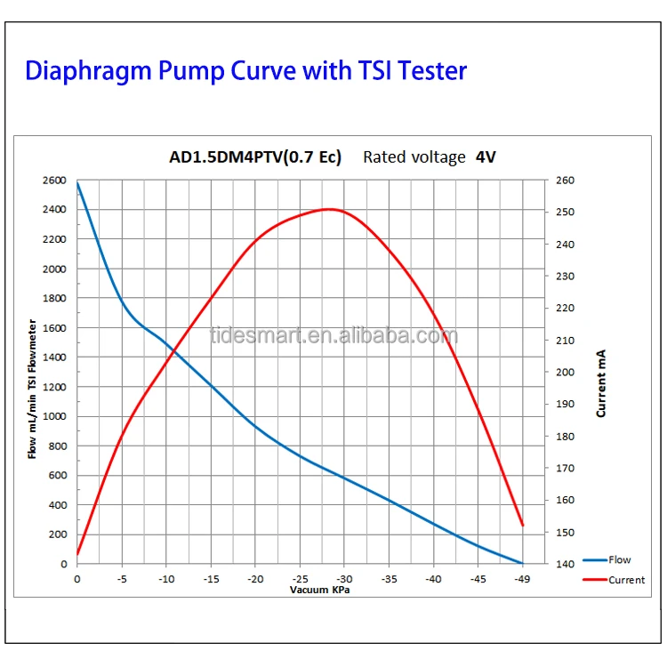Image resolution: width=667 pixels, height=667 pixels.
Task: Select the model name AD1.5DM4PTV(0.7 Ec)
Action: pyautogui.click(x=254, y=157)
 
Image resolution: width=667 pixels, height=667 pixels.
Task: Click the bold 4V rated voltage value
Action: pyautogui.click(x=486, y=157)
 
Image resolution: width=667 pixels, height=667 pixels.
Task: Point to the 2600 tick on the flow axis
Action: pyautogui.click(x=54, y=181)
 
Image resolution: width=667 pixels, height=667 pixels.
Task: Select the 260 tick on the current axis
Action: pyautogui.click(x=566, y=181)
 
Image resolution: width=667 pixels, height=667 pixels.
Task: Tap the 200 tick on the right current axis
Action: pyautogui.click(x=566, y=373)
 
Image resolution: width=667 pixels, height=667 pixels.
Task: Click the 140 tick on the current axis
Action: pyautogui.click(x=566, y=564)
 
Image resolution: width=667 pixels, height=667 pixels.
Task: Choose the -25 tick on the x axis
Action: pyautogui.click(x=300, y=579)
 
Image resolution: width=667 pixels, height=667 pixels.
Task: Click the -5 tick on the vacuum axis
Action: pyautogui.click(x=121, y=579)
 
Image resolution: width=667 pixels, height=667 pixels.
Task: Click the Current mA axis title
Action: pyautogui.click(x=602, y=383)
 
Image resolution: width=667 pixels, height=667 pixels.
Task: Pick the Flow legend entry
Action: pyautogui.click(x=619, y=560)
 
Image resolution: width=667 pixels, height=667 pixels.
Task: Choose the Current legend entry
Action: pyautogui.click(x=626, y=580)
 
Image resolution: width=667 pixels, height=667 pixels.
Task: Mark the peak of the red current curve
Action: pyautogui.click(x=329, y=209)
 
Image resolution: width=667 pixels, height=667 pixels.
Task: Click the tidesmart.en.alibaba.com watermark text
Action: pyautogui.click(x=333, y=336)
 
